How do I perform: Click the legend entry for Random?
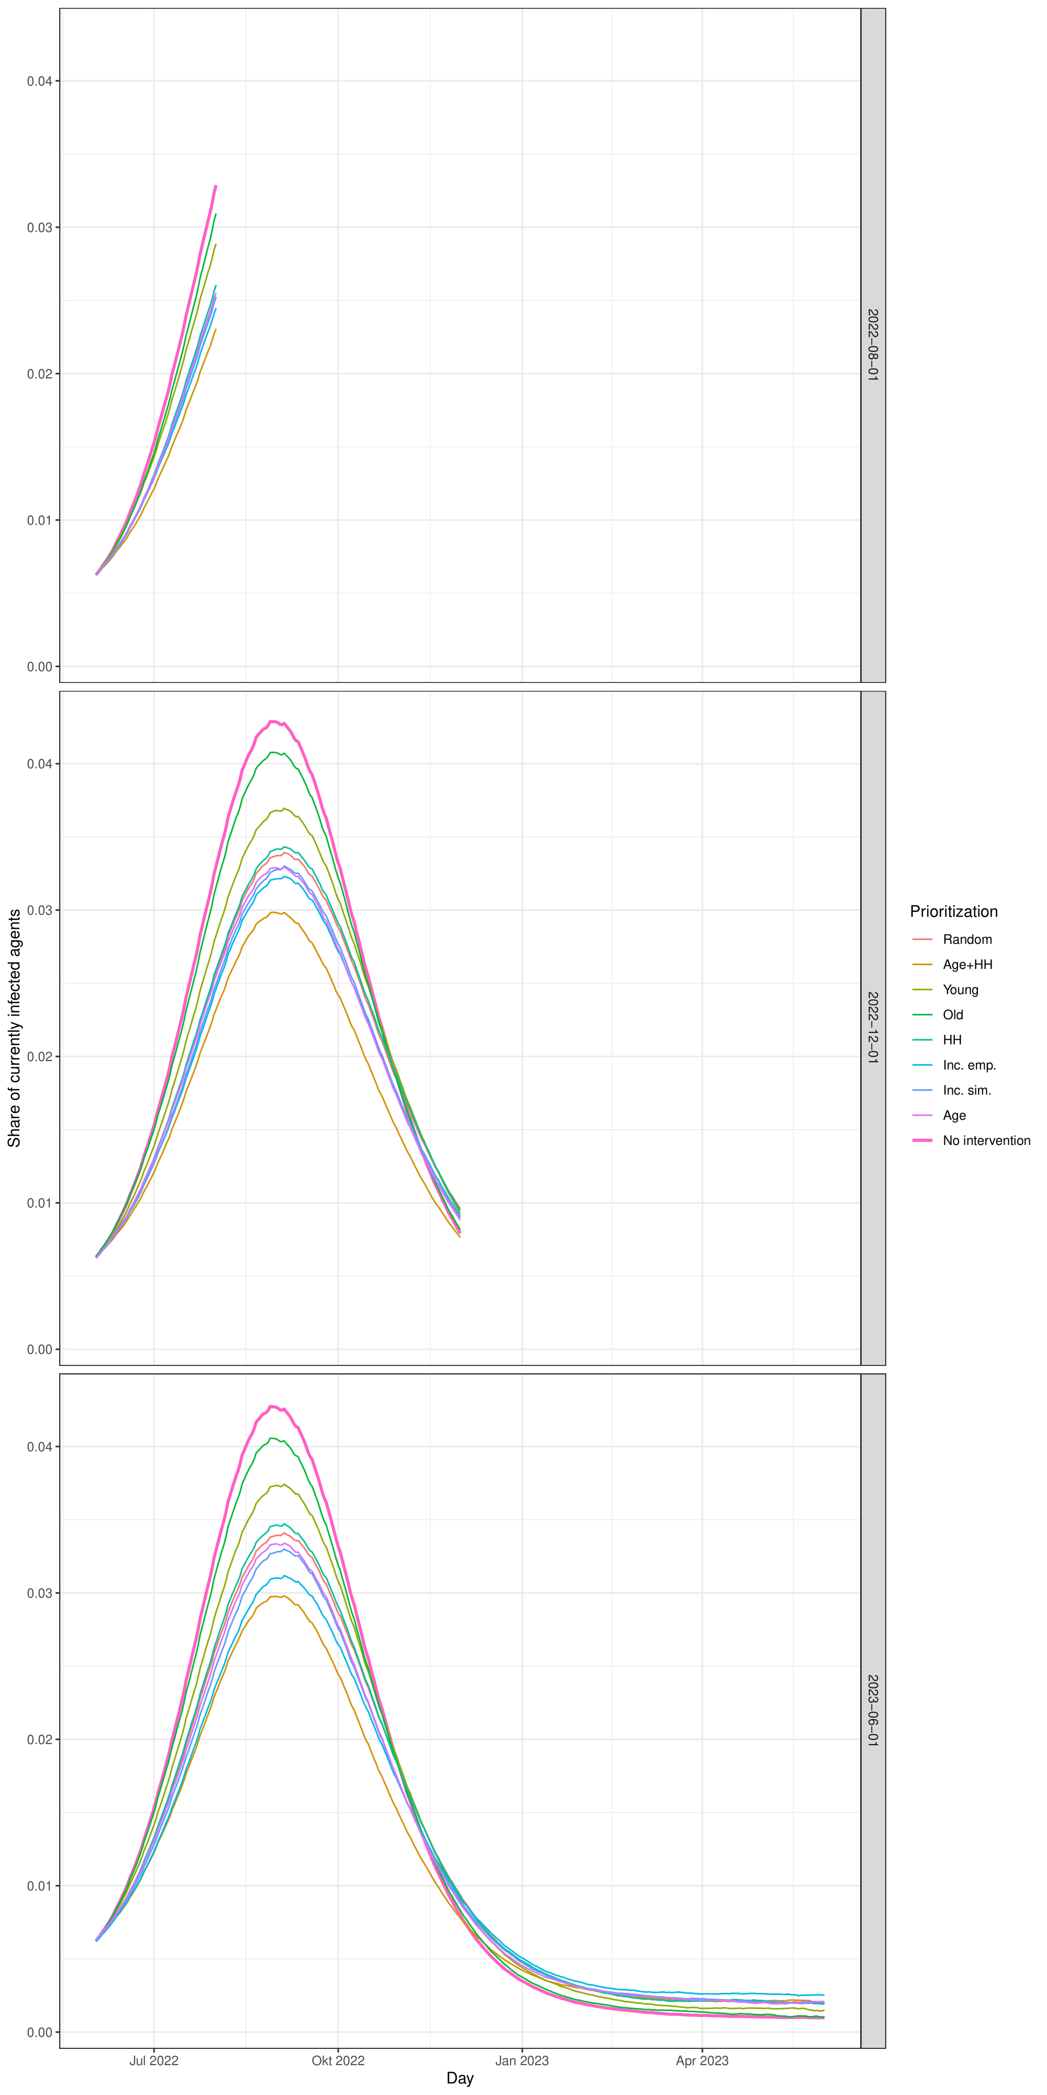pyautogui.click(x=966, y=939)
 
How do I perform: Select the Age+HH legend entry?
pyautogui.click(x=966, y=965)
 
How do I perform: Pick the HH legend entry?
pyautogui.click(x=952, y=1040)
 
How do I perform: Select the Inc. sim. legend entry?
pyautogui.click(x=966, y=1090)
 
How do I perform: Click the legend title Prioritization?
pyautogui.click(x=953, y=912)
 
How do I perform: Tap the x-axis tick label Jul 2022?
pyautogui.click(x=153, y=2061)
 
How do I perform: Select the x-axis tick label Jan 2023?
pyautogui.click(x=522, y=2061)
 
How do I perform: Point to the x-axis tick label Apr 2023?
pyautogui.click(x=703, y=2061)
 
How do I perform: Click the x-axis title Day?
pyautogui.click(x=460, y=2079)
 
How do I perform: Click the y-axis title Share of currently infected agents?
pyautogui.click(x=14, y=1028)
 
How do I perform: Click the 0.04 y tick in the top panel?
pyautogui.click(x=39, y=81)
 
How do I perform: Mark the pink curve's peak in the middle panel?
pyautogui.click(x=274, y=721)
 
